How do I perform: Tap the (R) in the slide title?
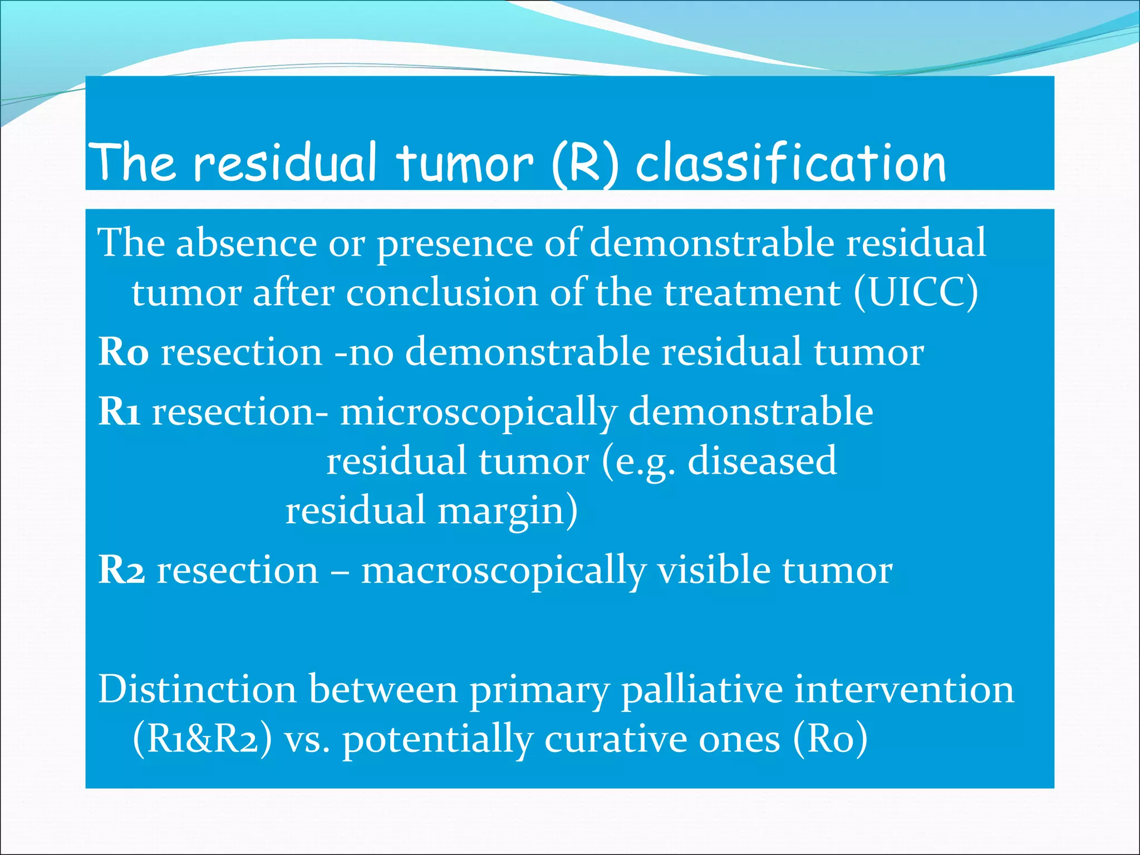click(x=584, y=163)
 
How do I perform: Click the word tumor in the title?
click(x=465, y=163)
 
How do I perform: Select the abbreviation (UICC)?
click(x=916, y=293)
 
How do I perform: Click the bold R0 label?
click(x=124, y=352)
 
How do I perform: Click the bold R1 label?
click(x=119, y=411)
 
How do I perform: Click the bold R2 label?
click(x=122, y=570)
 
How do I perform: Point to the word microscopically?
click(x=479, y=412)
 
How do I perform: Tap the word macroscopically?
click(x=504, y=571)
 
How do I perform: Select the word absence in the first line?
click(x=247, y=243)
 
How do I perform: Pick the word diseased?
click(x=762, y=461)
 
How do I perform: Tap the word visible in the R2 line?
click(x=714, y=570)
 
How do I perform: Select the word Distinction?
click(x=197, y=689)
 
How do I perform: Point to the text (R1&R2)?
click(x=203, y=739)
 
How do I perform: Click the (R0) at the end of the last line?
click(x=830, y=739)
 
